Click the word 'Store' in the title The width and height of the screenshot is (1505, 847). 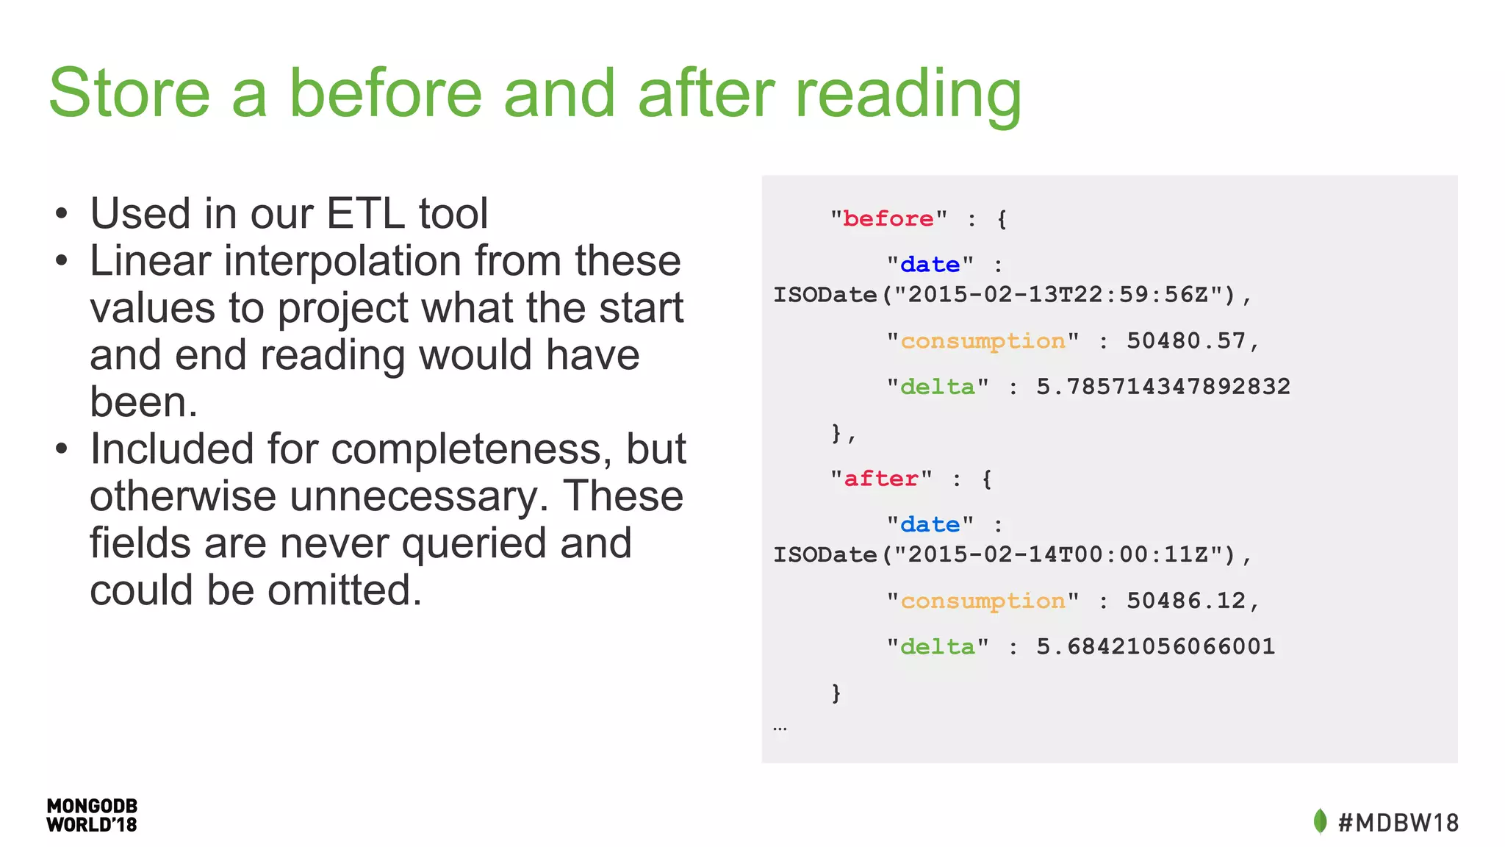[x=129, y=93]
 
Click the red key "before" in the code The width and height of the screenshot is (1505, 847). [x=888, y=219]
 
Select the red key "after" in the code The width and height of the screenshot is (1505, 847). [x=880, y=479]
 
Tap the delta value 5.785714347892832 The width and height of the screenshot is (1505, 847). [x=1163, y=387]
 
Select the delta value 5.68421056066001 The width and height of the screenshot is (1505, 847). [x=1155, y=647]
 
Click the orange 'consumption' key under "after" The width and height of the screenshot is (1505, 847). [x=983, y=601]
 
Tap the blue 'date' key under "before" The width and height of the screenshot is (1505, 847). [x=930, y=265]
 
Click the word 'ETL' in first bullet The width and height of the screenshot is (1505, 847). [x=365, y=214]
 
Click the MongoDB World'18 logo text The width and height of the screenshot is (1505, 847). [x=92, y=815]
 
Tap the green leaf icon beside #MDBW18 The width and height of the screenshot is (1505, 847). [x=1320, y=821]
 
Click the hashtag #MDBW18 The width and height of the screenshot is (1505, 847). [x=1398, y=823]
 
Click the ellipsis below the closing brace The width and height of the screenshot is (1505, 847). [x=780, y=729]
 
